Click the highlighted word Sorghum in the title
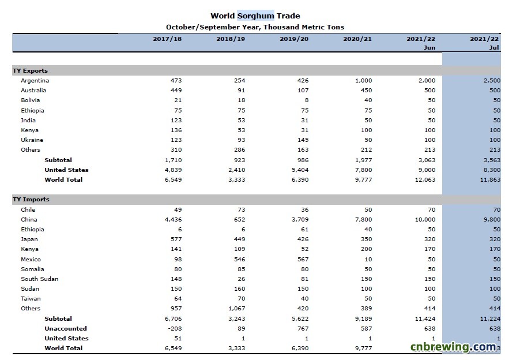[x=256, y=16]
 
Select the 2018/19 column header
[x=231, y=39]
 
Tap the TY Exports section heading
[x=31, y=70]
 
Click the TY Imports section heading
[x=31, y=199]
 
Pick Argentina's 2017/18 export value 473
[x=176, y=80]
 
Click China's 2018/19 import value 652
[x=240, y=219]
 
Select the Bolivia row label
[x=31, y=100]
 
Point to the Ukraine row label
[x=32, y=140]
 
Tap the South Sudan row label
[x=40, y=279]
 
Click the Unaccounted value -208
[x=175, y=328]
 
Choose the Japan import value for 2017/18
[x=176, y=239]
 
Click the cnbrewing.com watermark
[x=453, y=347]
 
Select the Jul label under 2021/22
[x=494, y=47]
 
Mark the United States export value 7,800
[x=364, y=170]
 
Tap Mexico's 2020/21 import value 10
[x=368, y=259]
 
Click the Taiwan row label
[x=31, y=298]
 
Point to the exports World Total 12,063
[x=425, y=179]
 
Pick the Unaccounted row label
[x=66, y=328]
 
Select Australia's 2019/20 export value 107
[x=303, y=90]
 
